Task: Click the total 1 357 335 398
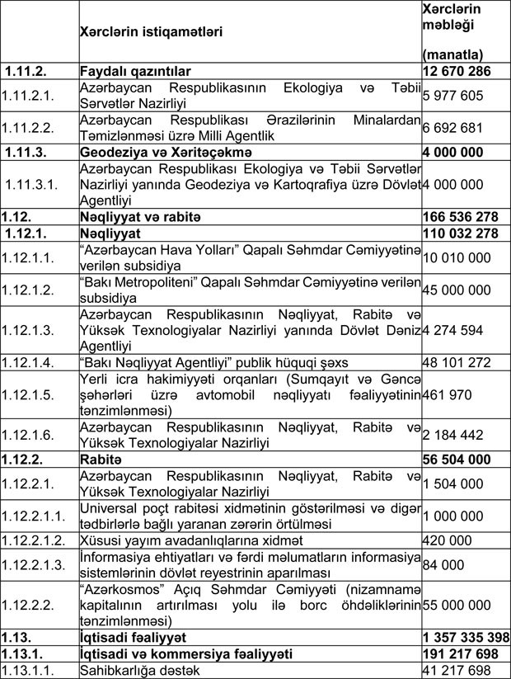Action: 465,638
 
